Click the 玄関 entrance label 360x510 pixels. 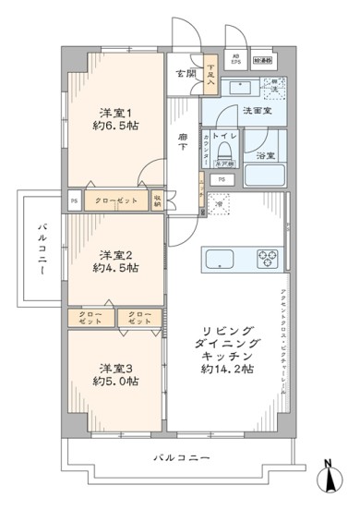[x=185, y=74]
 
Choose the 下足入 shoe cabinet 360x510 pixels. [x=210, y=74]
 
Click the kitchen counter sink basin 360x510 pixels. [x=221, y=256]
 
